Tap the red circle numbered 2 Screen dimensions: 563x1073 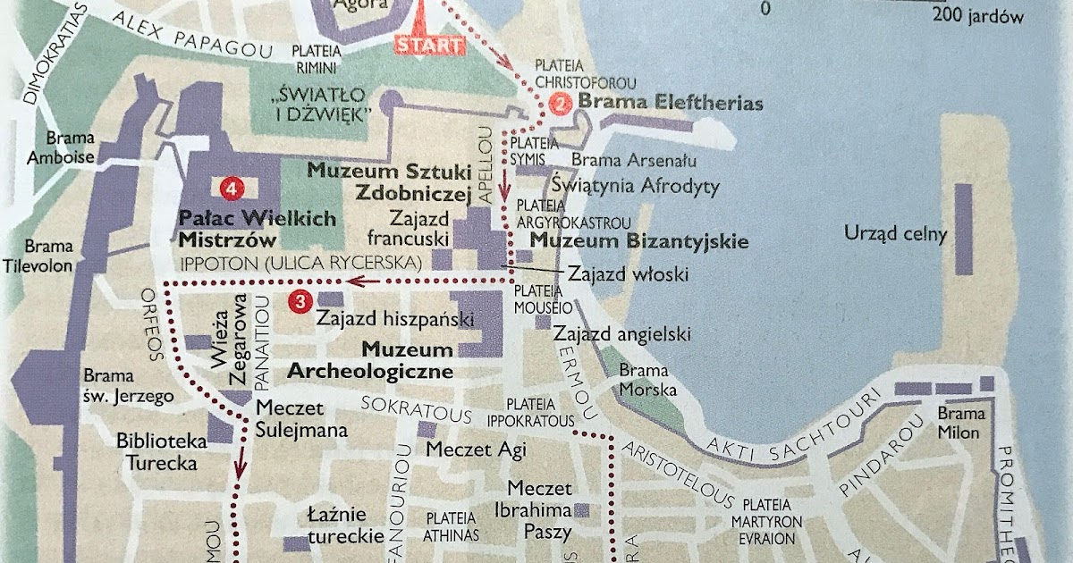561,103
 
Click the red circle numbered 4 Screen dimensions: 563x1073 232,188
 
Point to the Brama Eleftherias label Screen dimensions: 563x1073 671,103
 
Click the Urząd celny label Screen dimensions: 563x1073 895,234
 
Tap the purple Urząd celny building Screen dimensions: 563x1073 963,228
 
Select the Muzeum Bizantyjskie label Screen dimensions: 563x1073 639,241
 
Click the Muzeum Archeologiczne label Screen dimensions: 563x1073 370,359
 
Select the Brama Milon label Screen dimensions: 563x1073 960,423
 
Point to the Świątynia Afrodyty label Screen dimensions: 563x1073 635,186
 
